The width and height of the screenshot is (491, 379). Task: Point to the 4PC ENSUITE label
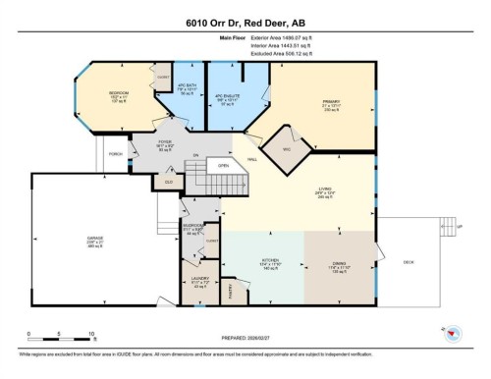point(228,97)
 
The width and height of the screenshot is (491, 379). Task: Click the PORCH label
point(116,154)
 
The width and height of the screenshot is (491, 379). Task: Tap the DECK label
point(408,260)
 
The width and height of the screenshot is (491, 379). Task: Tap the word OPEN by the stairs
point(223,166)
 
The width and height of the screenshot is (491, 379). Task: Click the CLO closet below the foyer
point(169,181)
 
